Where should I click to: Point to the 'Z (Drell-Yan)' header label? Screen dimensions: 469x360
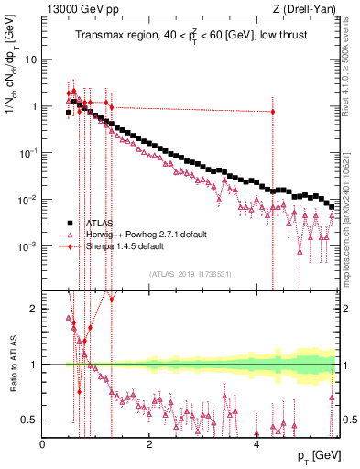(306, 10)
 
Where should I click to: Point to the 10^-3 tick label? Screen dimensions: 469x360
(27, 246)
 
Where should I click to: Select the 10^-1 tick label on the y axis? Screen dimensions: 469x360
(27, 153)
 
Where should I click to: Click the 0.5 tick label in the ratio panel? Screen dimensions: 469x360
(31, 420)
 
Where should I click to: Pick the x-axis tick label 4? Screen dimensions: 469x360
(256, 443)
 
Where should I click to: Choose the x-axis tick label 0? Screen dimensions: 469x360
(43, 443)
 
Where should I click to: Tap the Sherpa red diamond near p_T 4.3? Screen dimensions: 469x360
(273, 112)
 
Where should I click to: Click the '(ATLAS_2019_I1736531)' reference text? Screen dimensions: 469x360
(191, 273)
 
